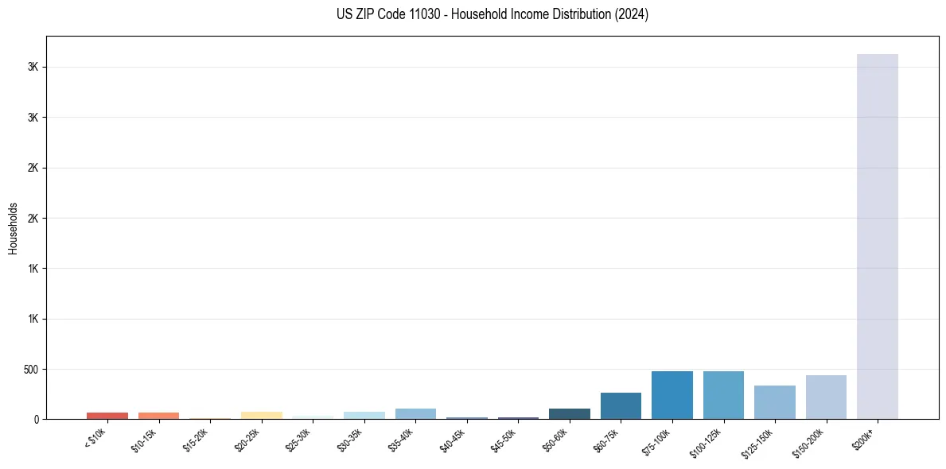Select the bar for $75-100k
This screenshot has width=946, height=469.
(672, 395)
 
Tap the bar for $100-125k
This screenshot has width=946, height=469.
(723, 395)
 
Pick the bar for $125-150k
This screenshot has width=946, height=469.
(774, 402)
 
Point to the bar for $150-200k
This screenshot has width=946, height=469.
(826, 397)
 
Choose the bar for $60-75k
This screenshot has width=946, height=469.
(621, 406)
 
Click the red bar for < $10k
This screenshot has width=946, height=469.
(107, 416)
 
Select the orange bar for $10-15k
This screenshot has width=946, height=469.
(158, 416)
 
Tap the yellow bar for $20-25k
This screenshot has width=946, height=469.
(261, 416)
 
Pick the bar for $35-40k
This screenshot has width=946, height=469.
(415, 414)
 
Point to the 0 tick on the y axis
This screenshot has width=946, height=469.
(37, 420)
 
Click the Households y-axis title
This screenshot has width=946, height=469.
(13, 228)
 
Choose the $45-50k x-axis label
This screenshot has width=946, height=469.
(505, 440)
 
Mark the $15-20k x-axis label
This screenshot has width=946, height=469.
(197, 440)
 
